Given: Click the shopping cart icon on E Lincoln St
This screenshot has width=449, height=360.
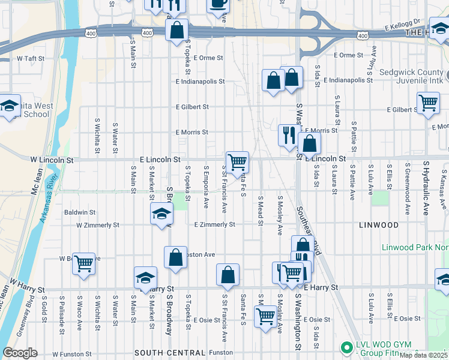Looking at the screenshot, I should tap(238, 161).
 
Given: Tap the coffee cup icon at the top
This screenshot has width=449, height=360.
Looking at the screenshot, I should tap(218, 4).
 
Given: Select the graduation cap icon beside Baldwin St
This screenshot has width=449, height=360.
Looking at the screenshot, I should tap(161, 214).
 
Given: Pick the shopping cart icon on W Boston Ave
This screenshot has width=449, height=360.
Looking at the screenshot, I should tap(83, 263).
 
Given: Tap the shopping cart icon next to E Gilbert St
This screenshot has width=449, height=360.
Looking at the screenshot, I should tap(428, 103).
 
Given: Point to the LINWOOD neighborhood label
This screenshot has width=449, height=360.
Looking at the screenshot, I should tap(378, 225).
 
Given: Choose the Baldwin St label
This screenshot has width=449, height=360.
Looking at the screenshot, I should tap(80, 212).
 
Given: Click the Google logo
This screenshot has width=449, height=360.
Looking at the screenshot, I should tap(20, 353).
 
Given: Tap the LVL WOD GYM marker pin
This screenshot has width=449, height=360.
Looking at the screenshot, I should tap(345, 347).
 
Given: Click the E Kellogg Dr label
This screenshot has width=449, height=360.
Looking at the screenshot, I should tap(405, 28).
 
